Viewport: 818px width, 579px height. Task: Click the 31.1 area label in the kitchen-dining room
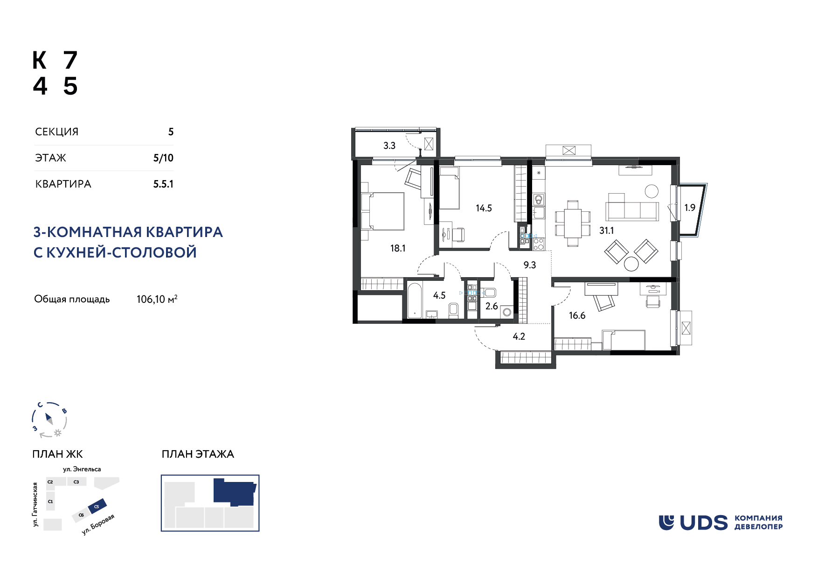tap(606, 230)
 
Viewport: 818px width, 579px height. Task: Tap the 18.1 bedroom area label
tap(398, 248)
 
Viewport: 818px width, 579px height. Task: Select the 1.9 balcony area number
tap(690, 208)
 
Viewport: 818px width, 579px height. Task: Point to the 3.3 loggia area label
tap(389, 146)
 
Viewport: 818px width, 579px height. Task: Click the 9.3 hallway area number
tap(530, 265)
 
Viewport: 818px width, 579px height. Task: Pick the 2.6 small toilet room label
tap(492, 306)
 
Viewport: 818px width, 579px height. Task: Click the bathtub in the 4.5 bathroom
tap(415, 300)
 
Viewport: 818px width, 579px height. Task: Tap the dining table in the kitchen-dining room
tap(573, 223)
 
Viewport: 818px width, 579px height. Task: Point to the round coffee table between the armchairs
tap(631, 264)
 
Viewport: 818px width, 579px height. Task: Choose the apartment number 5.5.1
tap(163, 184)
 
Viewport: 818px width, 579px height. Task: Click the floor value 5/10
tap(163, 158)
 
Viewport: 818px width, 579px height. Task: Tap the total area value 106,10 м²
tap(157, 299)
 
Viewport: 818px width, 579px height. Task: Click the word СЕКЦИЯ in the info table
tap(57, 132)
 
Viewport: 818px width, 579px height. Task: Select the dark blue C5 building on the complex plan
tap(97, 506)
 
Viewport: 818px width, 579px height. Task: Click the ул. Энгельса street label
tap(82, 469)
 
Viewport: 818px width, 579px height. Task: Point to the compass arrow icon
tap(49, 419)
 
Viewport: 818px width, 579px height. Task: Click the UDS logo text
tap(703, 523)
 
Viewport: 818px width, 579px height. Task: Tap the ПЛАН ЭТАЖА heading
tap(198, 454)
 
